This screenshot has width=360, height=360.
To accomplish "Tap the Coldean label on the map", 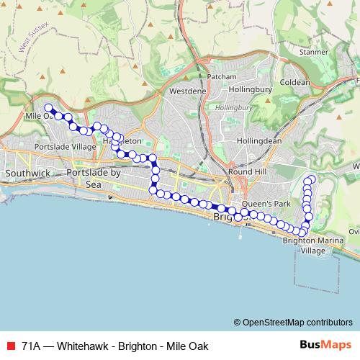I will (295, 82).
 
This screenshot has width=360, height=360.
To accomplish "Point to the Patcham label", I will (221, 77).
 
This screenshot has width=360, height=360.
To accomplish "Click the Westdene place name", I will (188, 91).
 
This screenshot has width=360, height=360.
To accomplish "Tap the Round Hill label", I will (246, 173).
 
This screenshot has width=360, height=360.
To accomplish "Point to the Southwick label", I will (27, 174).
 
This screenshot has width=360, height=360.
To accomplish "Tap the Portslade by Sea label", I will (94, 179).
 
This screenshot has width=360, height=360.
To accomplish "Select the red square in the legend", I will (11, 344).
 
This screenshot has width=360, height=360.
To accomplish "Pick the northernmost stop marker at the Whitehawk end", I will (312, 179).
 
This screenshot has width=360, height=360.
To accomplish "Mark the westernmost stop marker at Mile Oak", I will (48, 108).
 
